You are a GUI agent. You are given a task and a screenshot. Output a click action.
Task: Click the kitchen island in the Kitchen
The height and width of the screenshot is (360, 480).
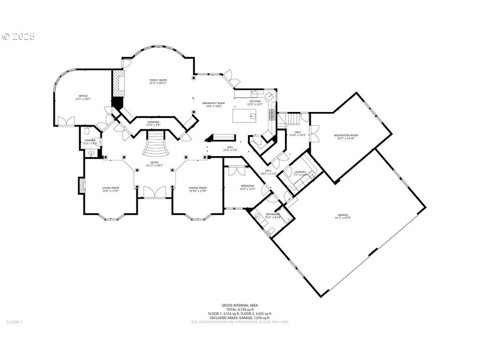[x=244, y=115]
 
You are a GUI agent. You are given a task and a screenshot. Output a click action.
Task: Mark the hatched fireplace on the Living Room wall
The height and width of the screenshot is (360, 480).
[x=81, y=186]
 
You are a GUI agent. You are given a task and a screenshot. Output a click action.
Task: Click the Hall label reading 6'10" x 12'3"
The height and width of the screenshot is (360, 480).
[x=298, y=134]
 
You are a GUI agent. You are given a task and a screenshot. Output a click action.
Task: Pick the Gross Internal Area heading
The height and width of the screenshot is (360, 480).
[x=240, y=305]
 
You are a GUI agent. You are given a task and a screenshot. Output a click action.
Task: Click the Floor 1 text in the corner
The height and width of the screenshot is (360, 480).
[x=14, y=322]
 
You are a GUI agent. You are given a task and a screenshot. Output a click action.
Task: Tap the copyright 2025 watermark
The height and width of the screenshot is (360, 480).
[x=19, y=36]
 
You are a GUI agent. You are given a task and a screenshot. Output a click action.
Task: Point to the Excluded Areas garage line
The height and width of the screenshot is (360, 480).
[x=240, y=318]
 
